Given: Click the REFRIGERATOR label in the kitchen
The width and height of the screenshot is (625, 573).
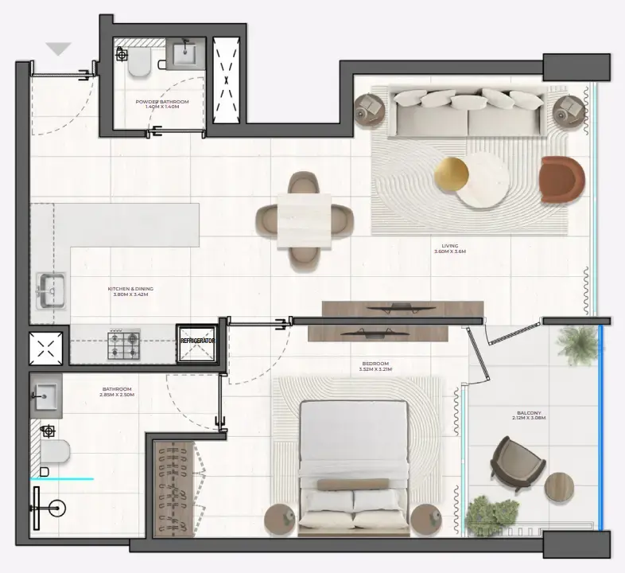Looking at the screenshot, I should (x=198, y=341).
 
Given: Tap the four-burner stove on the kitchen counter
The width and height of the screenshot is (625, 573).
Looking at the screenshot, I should (x=124, y=343).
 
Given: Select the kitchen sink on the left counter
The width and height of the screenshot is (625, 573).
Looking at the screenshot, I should (x=49, y=289).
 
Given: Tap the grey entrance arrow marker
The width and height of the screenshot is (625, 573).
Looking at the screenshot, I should (x=59, y=49).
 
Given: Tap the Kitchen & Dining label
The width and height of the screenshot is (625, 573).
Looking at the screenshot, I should (x=131, y=291).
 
